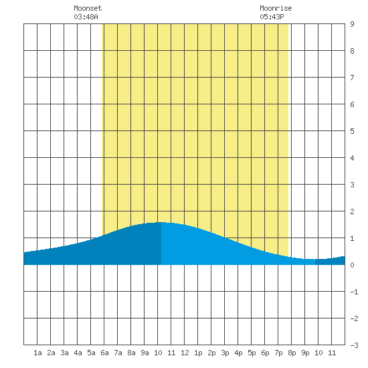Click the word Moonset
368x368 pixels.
[88, 9]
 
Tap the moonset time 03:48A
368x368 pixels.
[86, 17]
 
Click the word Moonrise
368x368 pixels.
[276, 9]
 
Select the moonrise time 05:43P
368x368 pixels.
[272, 17]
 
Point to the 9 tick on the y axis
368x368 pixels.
[352, 24]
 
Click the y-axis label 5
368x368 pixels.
[352, 131]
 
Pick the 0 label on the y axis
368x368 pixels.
[352, 265]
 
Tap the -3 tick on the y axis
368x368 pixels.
[354, 345]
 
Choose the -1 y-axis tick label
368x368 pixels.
[354, 292]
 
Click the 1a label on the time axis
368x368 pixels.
[37, 353]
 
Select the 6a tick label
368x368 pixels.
[104, 353]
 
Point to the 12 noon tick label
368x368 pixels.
[185, 353]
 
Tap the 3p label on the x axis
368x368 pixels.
[225, 353]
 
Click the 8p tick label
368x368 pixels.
[292, 353]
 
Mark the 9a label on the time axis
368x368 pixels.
[145, 353]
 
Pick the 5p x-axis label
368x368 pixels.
[252, 353]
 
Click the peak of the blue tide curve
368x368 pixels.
[161, 222]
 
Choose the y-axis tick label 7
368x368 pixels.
[352, 78]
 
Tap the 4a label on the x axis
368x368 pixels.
[78, 353]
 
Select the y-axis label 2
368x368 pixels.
[352, 211]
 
